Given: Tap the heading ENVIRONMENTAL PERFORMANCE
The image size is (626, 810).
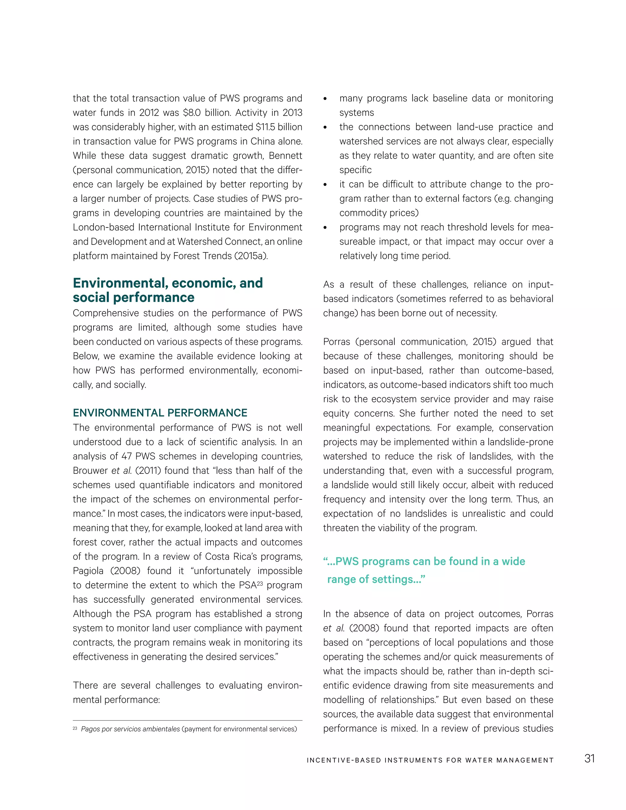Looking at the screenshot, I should tap(160, 413).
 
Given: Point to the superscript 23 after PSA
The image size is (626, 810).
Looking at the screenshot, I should tap(260, 584).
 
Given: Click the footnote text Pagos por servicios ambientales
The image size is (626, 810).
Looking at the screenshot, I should tap(130, 729).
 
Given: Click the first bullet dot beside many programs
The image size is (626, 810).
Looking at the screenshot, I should tap(325, 99).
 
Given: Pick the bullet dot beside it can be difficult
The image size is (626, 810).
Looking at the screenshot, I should tap(325, 185).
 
